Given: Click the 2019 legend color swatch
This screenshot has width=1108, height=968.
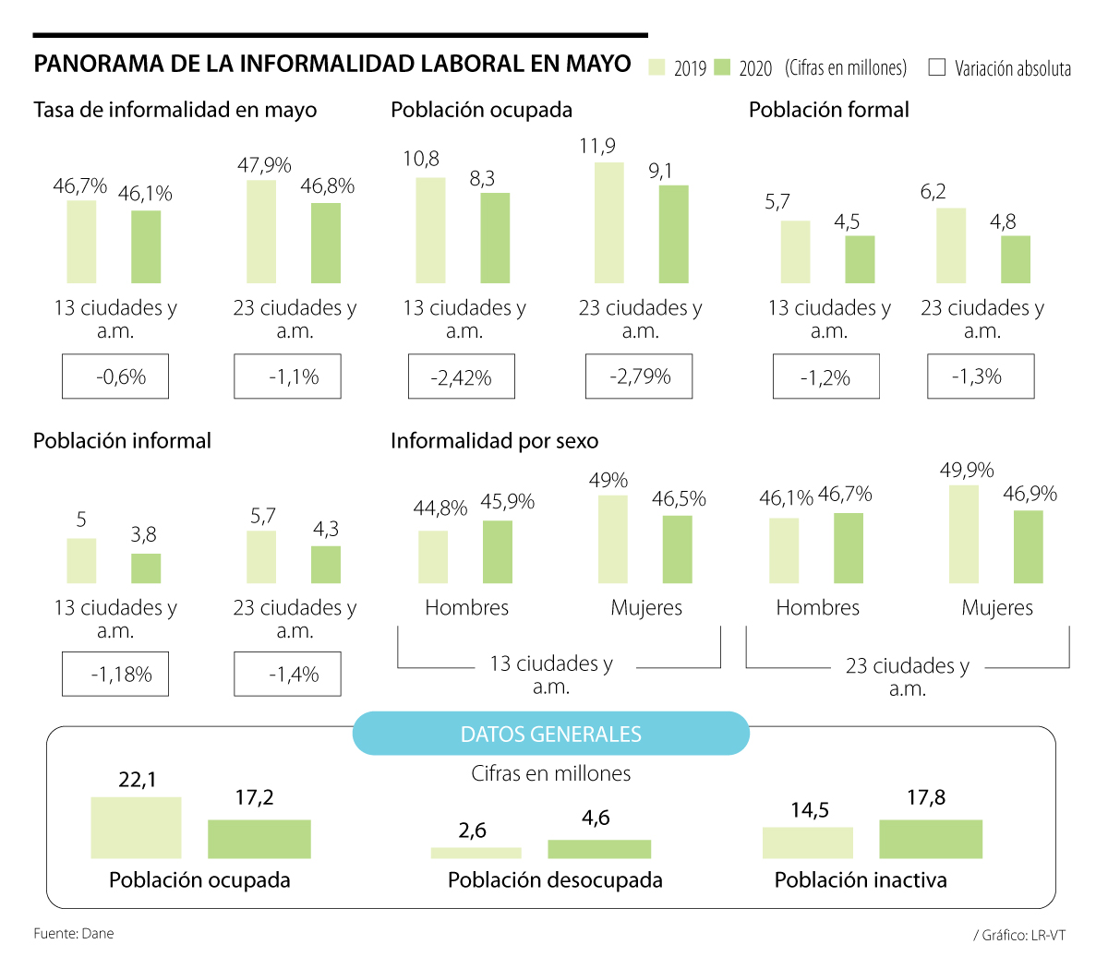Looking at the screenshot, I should [x=657, y=67].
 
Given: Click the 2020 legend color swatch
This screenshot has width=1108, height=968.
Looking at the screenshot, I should [x=723, y=67].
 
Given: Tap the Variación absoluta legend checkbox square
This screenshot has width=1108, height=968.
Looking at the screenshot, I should [x=936, y=67].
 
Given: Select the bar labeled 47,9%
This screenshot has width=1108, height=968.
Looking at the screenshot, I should [x=261, y=232].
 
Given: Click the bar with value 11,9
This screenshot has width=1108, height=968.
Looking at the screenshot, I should [x=609, y=222].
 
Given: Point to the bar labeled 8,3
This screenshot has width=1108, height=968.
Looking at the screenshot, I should [x=495, y=238].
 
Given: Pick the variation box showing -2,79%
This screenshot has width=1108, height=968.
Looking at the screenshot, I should [x=639, y=376].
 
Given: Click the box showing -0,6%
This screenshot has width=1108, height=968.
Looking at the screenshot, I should [x=115, y=376].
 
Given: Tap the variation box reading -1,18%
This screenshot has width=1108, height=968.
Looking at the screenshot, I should [x=115, y=675].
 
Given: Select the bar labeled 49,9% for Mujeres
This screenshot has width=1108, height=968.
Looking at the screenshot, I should [x=964, y=534].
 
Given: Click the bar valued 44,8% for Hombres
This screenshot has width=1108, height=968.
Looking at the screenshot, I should [x=433, y=557].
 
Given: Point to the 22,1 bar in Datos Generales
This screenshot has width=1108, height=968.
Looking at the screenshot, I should [x=136, y=828].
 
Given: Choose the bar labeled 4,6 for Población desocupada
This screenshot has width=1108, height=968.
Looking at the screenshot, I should [x=599, y=849].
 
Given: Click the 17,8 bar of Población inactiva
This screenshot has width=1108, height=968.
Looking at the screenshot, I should [x=931, y=839].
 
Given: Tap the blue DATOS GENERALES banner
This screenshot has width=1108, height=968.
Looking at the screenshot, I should [x=551, y=734].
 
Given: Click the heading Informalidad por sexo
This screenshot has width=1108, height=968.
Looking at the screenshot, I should [x=494, y=441].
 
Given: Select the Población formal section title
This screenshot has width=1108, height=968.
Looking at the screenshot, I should [x=828, y=110].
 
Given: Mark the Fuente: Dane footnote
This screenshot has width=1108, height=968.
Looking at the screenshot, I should [x=74, y=934].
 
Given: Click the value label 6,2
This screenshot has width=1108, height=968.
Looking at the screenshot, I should [x=933, y=192].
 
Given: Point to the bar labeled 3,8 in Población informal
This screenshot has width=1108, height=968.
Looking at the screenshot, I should [x=146, y=568].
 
